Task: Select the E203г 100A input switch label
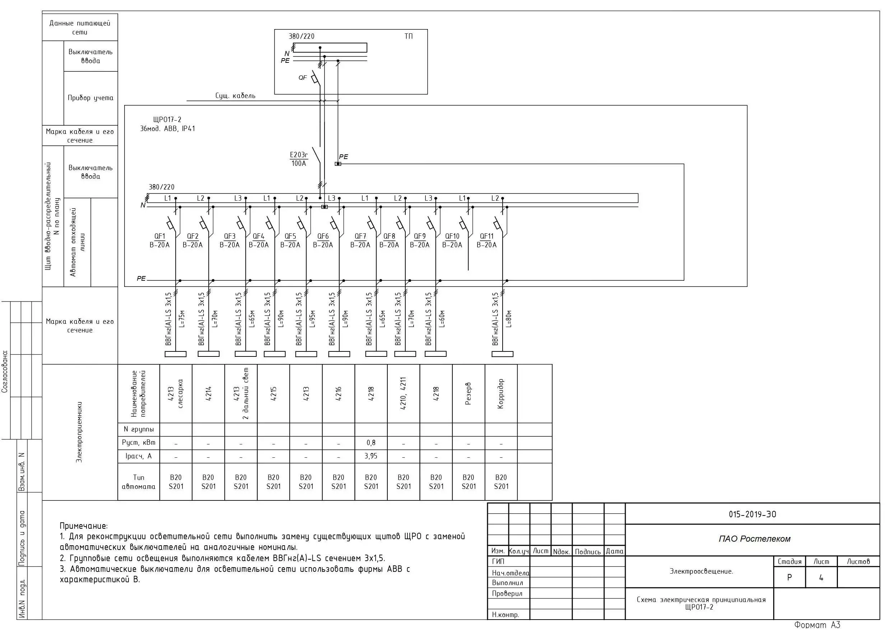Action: click(299, 159)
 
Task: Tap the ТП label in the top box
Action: click(409, 36)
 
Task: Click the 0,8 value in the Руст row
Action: click(371, 443)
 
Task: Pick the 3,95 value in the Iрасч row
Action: click(371, 456)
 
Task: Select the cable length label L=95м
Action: click(313, 319)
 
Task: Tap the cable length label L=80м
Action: click(509, 319)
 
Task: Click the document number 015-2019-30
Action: click(752, 514)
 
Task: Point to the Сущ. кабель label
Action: click(235, 95)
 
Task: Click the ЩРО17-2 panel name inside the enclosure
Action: click(167, 120)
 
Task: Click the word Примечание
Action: click(84, 526)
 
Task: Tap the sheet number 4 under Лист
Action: click(821, 578)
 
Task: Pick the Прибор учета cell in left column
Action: click(90, 98)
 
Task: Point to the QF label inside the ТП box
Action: click(303, 78)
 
